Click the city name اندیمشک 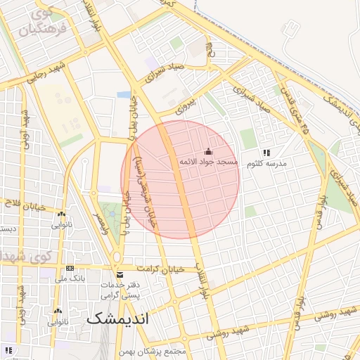click(x=118, y=319)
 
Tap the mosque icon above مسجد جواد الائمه click(x=208, y=151)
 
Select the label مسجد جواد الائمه click(x=208, y=162)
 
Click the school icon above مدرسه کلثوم click(x=266, y=153)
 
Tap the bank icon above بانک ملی click(x=70, y=269)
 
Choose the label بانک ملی click(x=70, y=279)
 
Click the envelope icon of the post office click(x=119, y=274)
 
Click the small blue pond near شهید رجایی click(x=124, y=94)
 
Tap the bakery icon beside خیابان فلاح click(x=62, y=215)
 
